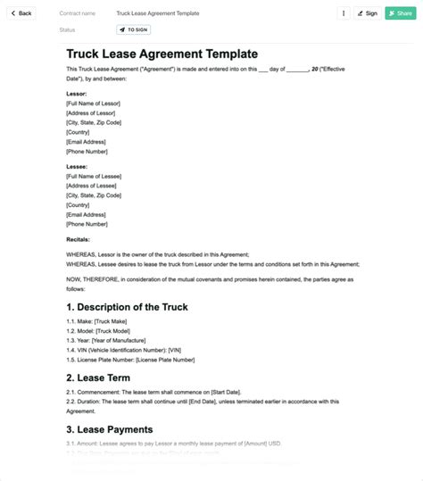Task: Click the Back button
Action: click(21, 13)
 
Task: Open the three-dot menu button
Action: click(344, 13)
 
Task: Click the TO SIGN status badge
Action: click(134, 29)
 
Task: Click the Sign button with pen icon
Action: click(367, 13)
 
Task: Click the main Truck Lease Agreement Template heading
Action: click(162, 54)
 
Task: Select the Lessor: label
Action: click(77, 92)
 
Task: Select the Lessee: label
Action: click(77, 166)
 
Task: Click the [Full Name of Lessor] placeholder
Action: click(93, 104)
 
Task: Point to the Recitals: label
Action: click(79, 240)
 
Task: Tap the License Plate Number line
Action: click(130, 360)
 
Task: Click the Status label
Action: click(67, 29)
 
